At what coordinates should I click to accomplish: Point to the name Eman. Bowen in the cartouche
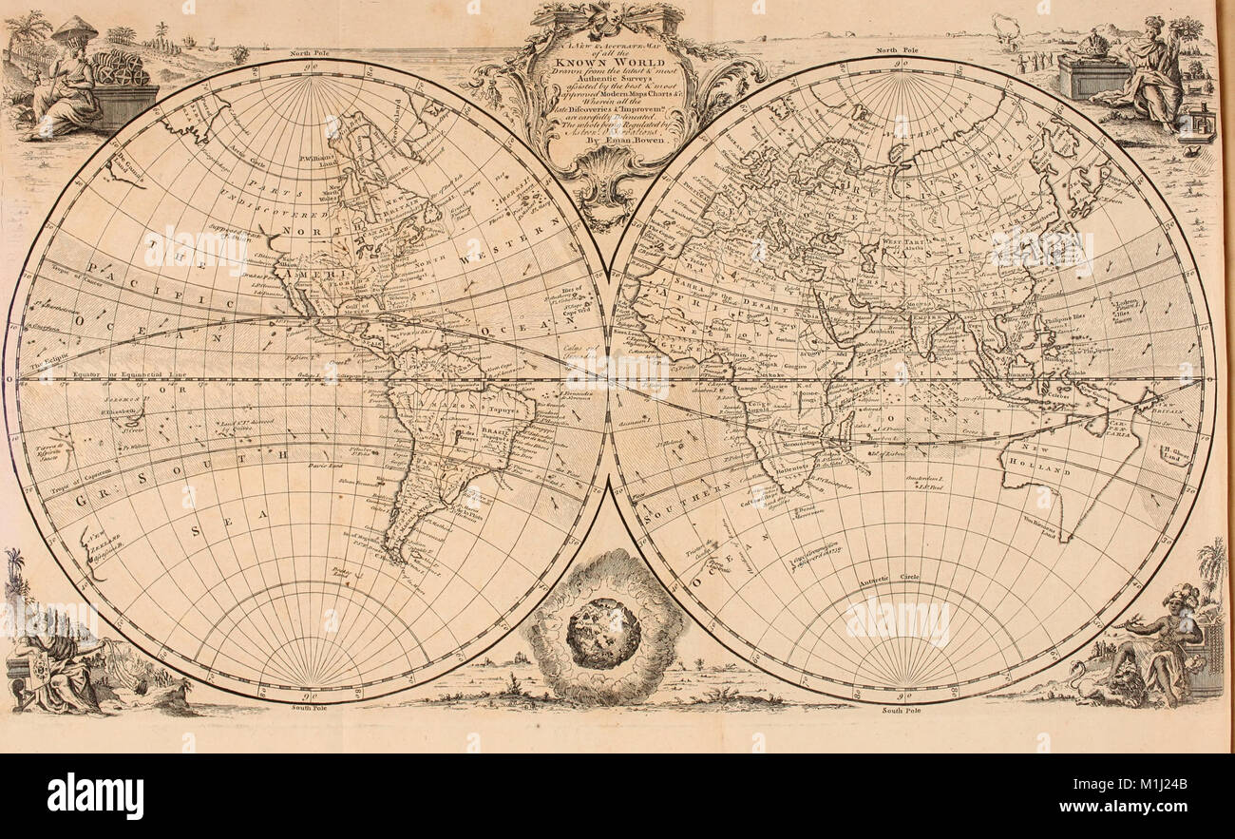(618, 137)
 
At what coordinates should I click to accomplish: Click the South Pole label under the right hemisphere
(902, 710)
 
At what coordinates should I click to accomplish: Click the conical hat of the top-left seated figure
(74, 29)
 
